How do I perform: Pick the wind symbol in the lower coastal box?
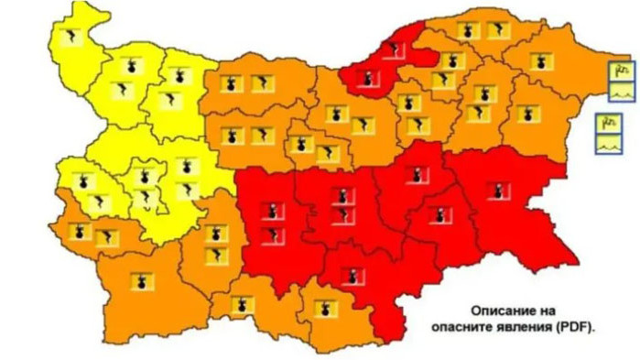tap(608, 124)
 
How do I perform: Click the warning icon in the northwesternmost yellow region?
tap(71, 38)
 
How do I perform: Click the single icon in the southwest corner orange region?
tap(141, 281)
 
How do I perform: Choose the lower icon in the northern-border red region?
tap(366, 81)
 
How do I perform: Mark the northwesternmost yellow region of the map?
tap(75, 55)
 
